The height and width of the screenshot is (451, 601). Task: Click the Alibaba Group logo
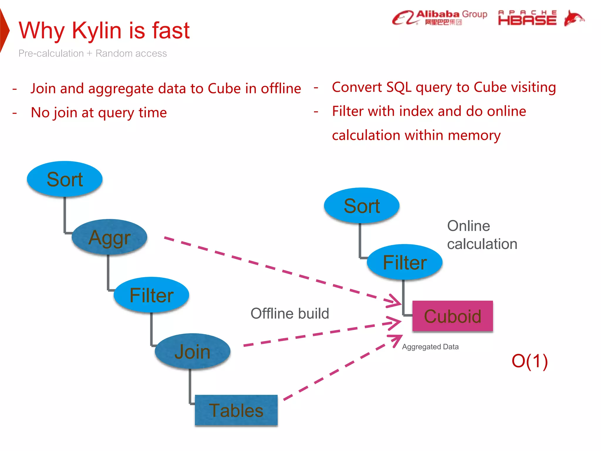(439, 18)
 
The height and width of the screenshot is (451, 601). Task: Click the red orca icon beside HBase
(574, 18)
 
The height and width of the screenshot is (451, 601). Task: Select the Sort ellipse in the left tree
(65, 179)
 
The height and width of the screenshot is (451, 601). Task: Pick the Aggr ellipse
(109, 237)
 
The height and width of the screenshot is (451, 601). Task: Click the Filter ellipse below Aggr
(151, 295)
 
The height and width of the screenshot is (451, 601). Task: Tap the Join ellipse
(193, 351)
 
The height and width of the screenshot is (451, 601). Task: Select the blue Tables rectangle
(236, 410)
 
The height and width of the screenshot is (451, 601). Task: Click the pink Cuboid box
(453, 317)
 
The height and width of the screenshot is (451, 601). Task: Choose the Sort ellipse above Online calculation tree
(362, 206)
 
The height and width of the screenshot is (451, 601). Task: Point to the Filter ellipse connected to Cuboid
(404, 262)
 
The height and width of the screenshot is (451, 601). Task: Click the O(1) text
(529, 361)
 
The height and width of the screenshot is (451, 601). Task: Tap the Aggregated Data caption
(430, 347)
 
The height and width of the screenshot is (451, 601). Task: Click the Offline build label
(290, 313)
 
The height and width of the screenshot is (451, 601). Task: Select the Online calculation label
(482, 235)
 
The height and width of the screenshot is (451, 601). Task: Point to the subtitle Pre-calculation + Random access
(92, 53)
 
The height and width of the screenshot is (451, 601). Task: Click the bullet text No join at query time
(99, 113)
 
